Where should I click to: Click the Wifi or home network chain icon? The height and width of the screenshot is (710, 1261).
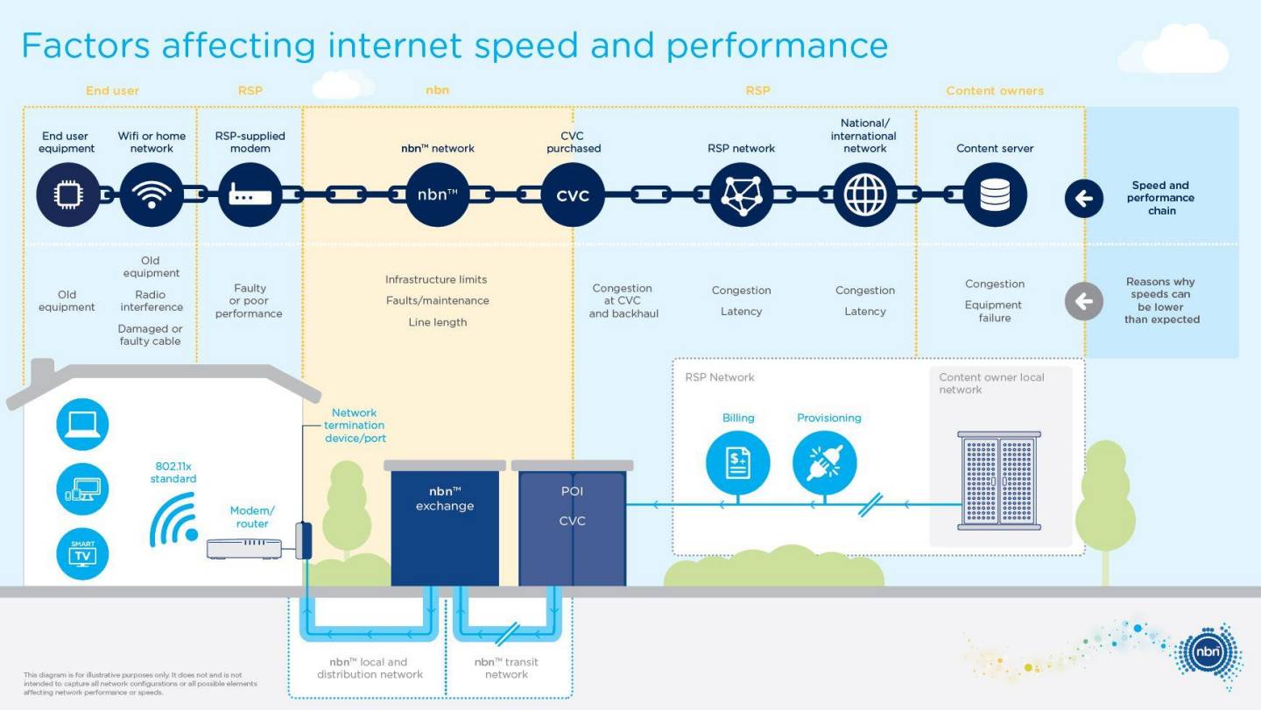coord(151,195)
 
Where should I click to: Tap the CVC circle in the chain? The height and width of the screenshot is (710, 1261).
coord(573,195)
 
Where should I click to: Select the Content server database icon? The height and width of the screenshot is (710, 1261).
coord(995,195)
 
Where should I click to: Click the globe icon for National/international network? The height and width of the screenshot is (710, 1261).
coord(864,195)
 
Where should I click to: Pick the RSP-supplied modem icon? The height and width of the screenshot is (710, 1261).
coord(250,195)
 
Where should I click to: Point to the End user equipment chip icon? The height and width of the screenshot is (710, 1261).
coord(67,195)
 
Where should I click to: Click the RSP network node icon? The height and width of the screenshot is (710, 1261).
coord(741,195)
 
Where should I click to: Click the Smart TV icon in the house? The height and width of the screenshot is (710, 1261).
coord(82,553)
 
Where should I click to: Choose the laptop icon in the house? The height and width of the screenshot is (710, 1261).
coord(82,425)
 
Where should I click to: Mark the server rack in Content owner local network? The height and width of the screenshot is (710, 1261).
coord(998,481)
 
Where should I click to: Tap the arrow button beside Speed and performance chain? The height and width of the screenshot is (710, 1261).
coord(1083,199)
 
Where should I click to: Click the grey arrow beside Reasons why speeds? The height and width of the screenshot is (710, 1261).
coord(1083,302)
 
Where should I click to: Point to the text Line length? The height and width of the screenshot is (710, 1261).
coord(437,322)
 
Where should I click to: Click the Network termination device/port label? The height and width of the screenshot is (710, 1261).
coord(355,425)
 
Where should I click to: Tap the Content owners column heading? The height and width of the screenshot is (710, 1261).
coord(995,91)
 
